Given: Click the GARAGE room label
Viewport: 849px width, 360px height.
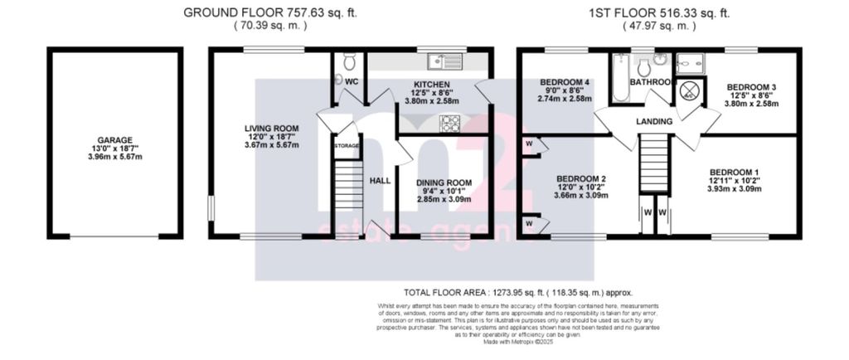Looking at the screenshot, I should click(x=113, y=140).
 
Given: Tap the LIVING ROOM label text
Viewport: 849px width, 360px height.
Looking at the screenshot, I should click(x=271, y=128).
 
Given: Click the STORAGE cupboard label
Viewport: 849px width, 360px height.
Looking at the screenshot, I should click(x=347, y=146).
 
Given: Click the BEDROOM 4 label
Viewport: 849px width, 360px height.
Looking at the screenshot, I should click(x=564, y=82).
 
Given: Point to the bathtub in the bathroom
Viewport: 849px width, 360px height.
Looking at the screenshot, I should click(x=620, y=79).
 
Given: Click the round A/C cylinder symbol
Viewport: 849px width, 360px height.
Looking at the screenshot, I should click(x=688, y=93).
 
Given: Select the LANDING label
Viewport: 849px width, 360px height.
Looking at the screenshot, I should click(x=654, y=122).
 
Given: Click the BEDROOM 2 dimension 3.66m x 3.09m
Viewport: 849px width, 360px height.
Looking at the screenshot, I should click(x=581, y=197).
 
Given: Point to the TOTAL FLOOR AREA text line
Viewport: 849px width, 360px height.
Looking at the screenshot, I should click(x=518, y=292).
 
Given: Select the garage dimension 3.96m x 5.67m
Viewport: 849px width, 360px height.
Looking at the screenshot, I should click(x=113, y=158).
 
